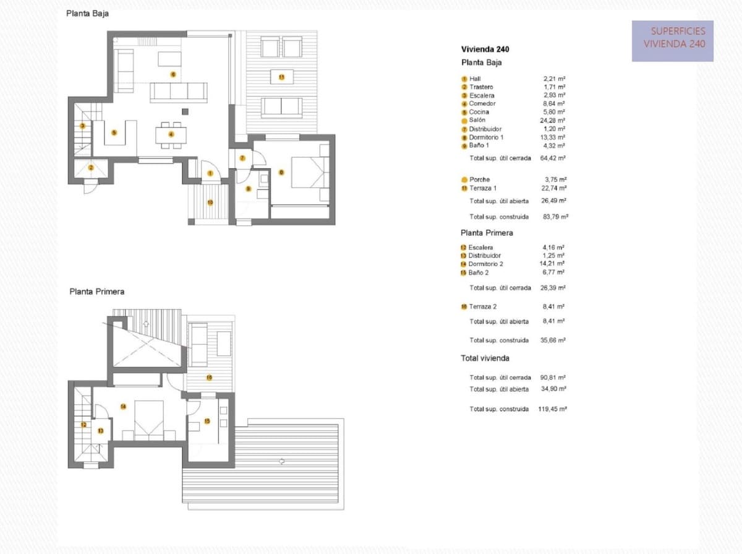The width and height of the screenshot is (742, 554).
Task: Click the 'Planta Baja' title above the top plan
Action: pyautogui.click(x=87, y=14)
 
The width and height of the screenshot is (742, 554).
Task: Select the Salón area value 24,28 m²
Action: pyautogui.click(x=553, y=121)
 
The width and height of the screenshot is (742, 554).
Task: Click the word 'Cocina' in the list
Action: pyautogui.click(x=479, y=112)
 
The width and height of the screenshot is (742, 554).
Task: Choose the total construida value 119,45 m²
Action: pyautogui.click(x=553, y=409)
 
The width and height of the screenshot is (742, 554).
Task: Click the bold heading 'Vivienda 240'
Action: pyautogui.click(x=485, y=50)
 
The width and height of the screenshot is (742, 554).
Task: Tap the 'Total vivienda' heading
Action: pyautogui.click(x=485, y=358)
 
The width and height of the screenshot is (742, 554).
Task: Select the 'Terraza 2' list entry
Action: pyautogui.click(x=482, y=307)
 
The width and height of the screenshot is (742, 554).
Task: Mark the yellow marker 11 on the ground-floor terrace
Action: pyautogui.click(x=281, y=77)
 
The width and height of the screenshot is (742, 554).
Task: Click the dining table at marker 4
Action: pyautogui.click(x=168, y=134)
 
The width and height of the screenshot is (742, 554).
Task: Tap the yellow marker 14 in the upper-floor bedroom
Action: pyautogui.click(x=123, y=407)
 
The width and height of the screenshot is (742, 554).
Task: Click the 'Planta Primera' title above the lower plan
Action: pyautogui.click(x=96, y=292)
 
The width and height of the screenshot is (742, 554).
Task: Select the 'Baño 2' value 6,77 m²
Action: pyautogui.click(x=555, y=272)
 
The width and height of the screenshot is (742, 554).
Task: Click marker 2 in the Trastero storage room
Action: pyautogui.click(x=90, y=167)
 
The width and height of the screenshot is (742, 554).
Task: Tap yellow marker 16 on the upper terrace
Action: pyautogui.click(x=209, y=378)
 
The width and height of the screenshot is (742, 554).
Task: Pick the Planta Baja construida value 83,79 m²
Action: pyautogui.click(x=554, y=217)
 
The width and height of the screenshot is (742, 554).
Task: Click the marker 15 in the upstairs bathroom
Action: pyautogui.click(x=207, y=422)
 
